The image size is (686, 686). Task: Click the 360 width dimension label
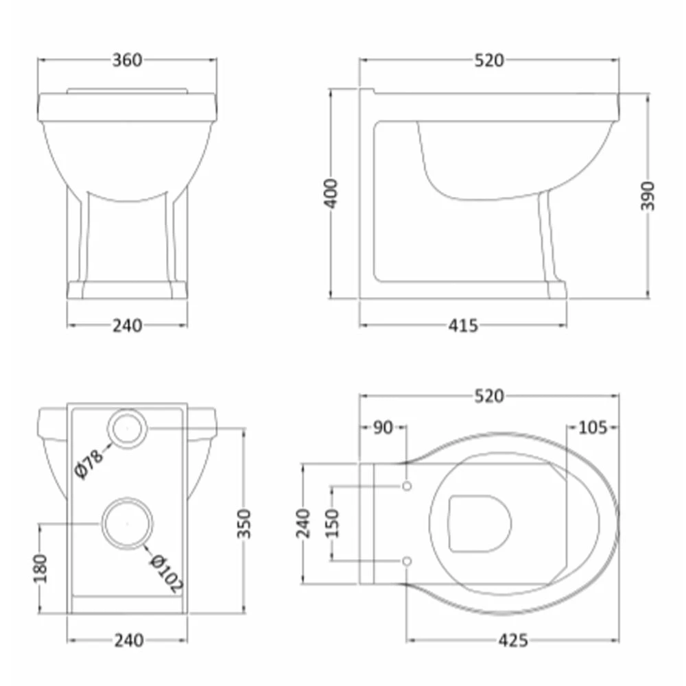coord(128,60)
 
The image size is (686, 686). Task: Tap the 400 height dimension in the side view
coord(332,194)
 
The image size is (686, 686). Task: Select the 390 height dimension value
coord(648,196)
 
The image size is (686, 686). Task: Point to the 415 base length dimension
coord(463,325)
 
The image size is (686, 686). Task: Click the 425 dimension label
coord(513,641)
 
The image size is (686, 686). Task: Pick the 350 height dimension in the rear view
coord(244,523)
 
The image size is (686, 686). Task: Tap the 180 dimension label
coord(40,568)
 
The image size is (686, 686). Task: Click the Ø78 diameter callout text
coord(89,464)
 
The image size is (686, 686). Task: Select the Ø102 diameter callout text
coord(166,573)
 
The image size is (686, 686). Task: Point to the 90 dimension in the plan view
coord(383,428)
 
